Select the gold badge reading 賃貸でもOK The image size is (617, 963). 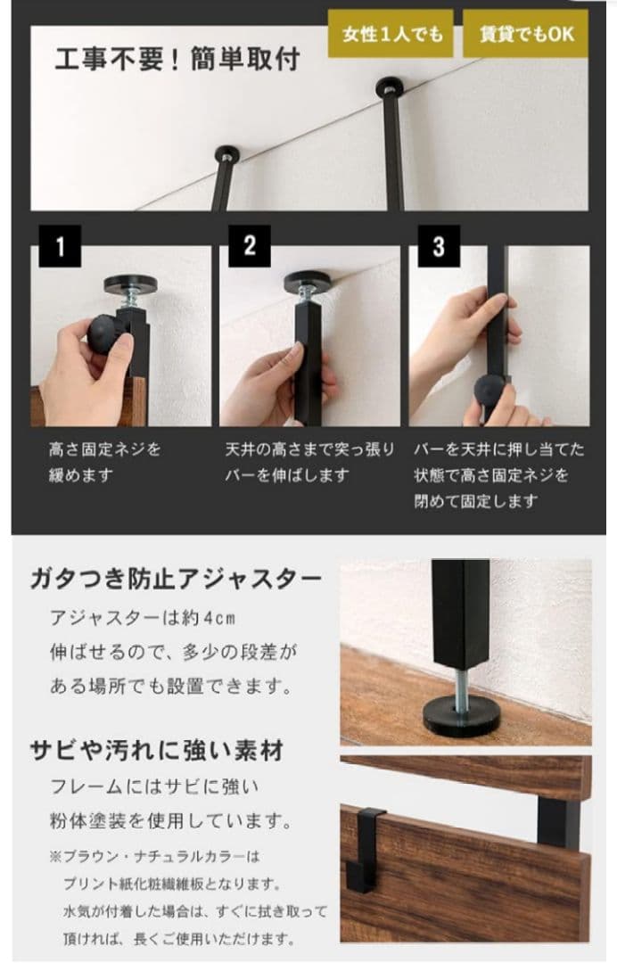click(x=525, y=35)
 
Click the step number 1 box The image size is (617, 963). click(x=60, y=246)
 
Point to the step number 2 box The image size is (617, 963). click(x=249, y=246)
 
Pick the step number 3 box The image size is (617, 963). click(x=438, y=246)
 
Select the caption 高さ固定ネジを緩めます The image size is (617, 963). click(x=105, y=462)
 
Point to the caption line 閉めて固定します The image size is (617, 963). click(x=475, y=500)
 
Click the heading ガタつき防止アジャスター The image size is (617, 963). click(x=176, y=579)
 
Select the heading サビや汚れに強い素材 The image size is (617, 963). click(x=157, y=751)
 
